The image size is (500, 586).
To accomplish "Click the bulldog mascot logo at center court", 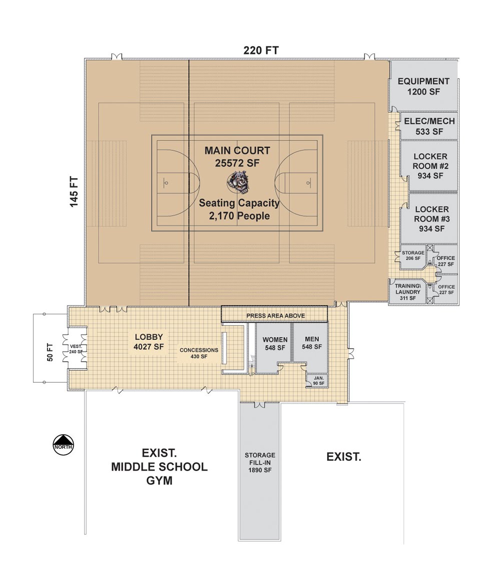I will (238, 183).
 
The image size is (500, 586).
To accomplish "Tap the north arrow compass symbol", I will (64, 444).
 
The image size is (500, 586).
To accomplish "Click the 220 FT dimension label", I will (261, 50).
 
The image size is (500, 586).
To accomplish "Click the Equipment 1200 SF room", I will (423, 86).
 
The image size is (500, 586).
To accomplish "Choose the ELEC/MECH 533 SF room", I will (429, 126).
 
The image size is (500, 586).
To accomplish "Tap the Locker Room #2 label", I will (430, 166).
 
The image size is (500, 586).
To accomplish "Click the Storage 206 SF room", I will (413, 256).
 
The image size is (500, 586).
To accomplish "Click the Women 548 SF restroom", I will (275, 344).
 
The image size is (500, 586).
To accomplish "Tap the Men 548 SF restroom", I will (311, 343).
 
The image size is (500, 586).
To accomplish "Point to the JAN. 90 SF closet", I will (319, 381).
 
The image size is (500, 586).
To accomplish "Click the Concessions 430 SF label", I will (199, 353).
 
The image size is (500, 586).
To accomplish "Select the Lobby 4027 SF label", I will (149, 341).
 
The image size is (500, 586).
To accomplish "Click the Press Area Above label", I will (275, 316).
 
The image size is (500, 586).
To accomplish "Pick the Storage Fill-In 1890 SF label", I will (260, 463).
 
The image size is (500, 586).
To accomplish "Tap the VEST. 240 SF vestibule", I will (76, 349).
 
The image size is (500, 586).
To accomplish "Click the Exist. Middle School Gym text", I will (159, 467).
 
